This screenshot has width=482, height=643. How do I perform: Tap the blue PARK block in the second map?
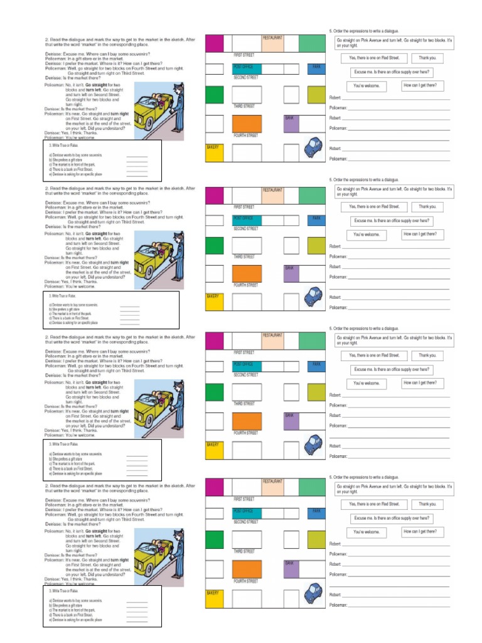[x=316, y=219]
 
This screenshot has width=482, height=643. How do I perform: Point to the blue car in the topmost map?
[x=312, y=148]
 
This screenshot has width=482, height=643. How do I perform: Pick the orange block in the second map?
[x=247, y=273]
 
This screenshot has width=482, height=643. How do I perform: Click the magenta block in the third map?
[x=215, y=342]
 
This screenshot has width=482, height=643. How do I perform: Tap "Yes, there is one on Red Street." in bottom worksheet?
[x=373, y=504]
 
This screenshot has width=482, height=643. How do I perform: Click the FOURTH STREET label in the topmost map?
[x=245, y=135]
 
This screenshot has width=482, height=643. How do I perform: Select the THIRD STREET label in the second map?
[x=244, y=256]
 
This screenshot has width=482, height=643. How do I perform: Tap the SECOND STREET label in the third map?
[x=246, y=375]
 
